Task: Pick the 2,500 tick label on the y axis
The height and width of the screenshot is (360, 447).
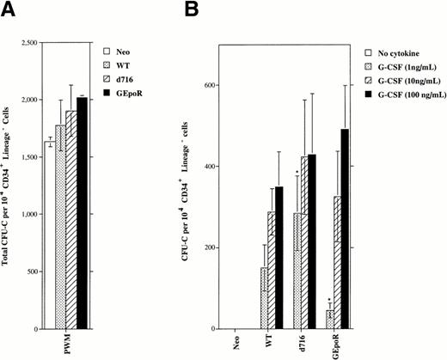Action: [x=33, y=42]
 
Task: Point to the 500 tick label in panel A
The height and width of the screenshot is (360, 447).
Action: [x=37, y=272]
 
